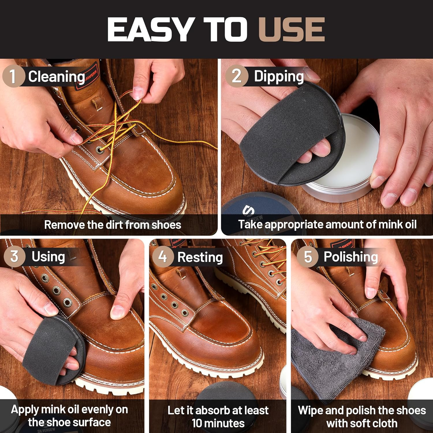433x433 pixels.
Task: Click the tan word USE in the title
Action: click(292, 29)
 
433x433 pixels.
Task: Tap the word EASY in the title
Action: click(150, 29)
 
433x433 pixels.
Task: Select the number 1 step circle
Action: click(13, 76)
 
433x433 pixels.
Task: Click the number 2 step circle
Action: click(236, 76)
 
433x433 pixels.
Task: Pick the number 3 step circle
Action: click(14, 256)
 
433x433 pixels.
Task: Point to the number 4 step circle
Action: click(163, 257)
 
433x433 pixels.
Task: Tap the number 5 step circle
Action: click(308, 257)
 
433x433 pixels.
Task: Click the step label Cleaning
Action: click(57, 77)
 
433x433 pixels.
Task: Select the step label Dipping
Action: click(279, 76)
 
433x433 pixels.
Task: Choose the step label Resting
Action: click(200, 257)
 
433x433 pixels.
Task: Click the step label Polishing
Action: click(351, 257)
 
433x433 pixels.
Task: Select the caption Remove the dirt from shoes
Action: click(113, 225)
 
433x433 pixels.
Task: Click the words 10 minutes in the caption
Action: click(218, 423)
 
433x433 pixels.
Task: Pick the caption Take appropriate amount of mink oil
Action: click(327, 225)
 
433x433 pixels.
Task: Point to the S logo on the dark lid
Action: click(248, 210)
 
